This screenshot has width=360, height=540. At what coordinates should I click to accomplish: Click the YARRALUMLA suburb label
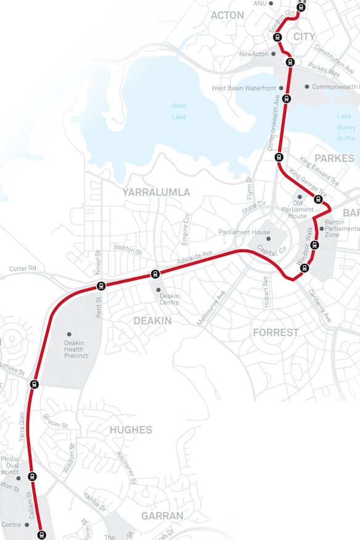[156, 192]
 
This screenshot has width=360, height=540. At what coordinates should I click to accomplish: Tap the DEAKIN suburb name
[152, 321]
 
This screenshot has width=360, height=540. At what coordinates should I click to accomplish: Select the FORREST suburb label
[276, 332]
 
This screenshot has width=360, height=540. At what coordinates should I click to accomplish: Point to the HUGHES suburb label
[131, 430]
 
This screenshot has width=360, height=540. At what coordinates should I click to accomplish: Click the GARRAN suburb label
[162, 515]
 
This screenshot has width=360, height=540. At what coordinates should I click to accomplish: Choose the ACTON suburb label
[227, 15]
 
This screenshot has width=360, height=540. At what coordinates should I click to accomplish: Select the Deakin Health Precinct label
[76, 349]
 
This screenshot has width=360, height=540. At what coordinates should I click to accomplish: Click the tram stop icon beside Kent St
[101, 285]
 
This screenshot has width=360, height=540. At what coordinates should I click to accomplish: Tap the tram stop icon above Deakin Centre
[155, 274]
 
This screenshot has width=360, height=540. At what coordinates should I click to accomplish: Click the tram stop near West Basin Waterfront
[287, 99]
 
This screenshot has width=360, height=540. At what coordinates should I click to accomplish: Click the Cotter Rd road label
[23, 269]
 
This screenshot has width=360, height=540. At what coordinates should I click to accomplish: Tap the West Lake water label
[179, 111]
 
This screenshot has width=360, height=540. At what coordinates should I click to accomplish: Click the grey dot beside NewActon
[273, 54]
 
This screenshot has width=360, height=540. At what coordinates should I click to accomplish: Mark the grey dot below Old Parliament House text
[300, 197]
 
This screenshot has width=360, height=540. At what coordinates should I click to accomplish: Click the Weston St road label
[127, 248]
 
